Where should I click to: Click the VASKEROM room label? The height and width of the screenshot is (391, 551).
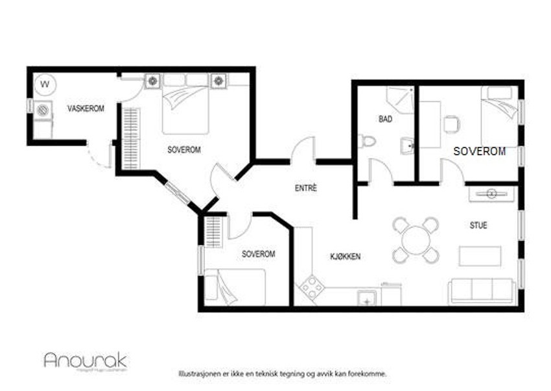point(86,108)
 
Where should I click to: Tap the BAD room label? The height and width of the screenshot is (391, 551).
point(385,120)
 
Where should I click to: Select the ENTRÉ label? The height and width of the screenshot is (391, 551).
point(305,188)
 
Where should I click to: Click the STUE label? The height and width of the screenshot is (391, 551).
point(478,225)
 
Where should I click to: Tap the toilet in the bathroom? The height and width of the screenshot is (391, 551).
point(367,141)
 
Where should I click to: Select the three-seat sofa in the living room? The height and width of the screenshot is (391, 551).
point(482,290)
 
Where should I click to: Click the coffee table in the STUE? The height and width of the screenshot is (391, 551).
point(480,256)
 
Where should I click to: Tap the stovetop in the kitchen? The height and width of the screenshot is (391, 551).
point(312,286)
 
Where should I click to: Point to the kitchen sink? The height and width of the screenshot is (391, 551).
point(367,298)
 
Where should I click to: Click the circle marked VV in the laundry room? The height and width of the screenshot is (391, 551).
point(45,84)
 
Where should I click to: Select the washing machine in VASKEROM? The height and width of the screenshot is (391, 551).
point(44,110)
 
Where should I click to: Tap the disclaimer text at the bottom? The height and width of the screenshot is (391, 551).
point(283,374)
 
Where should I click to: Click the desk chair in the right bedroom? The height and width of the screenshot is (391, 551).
point(452,122)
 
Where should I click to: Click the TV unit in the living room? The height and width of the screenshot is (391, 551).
point(491,193)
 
